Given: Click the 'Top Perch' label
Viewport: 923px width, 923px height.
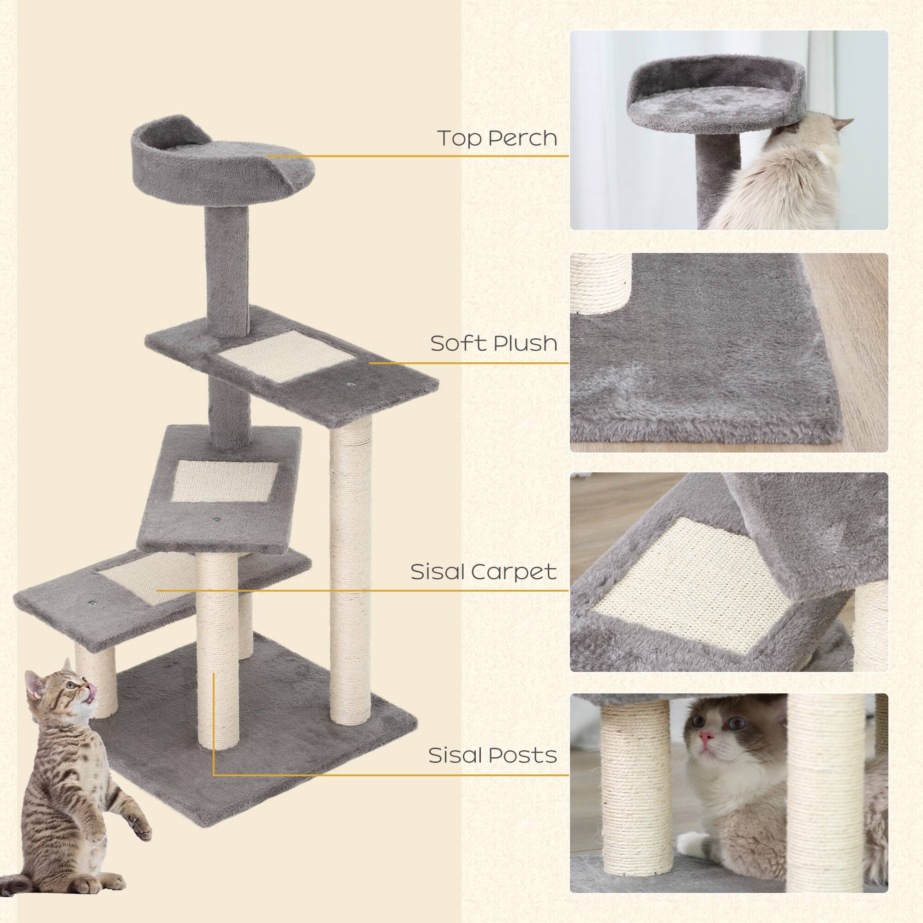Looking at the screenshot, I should (497, 138).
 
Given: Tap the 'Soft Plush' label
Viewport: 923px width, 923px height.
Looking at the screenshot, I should (493, 343).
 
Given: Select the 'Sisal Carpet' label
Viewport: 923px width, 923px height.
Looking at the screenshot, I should (484, 572).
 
